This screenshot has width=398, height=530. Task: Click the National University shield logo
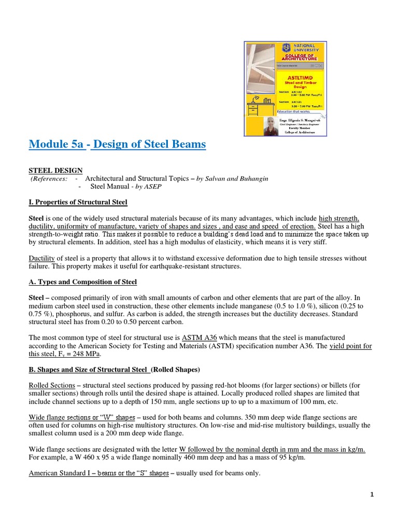(286, 48)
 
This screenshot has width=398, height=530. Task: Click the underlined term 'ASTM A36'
(198, 337)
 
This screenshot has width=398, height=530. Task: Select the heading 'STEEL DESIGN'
(55, 170)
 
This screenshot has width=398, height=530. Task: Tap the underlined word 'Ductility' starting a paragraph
(42, 258)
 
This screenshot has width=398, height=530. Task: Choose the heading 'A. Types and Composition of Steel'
(83, 282)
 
